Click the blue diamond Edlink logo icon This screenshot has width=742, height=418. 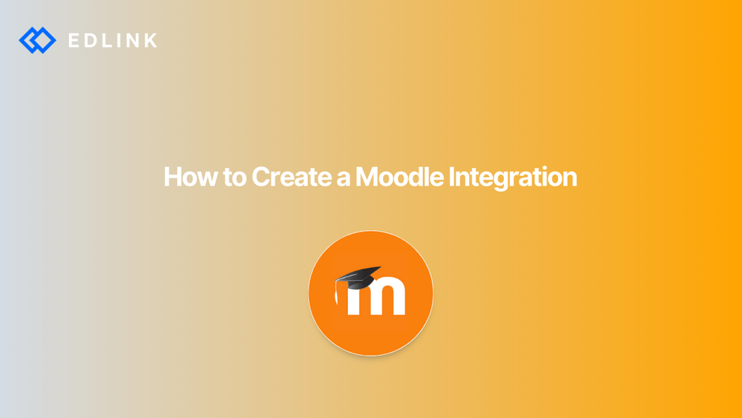coord(37,40)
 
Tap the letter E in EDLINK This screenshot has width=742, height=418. coord(74,40)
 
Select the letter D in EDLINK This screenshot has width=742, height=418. coord(91,40)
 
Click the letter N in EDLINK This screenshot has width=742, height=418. coord(134,40)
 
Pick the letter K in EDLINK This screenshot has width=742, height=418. coord(151,40)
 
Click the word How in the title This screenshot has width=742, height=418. coord(186,177)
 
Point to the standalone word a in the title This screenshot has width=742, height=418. coord(341,179)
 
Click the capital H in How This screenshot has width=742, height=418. coord(171,177)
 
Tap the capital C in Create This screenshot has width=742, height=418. coord(260,177)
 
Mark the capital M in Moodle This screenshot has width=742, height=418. coord(367,177)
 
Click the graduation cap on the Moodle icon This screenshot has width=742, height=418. coord(359,278)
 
